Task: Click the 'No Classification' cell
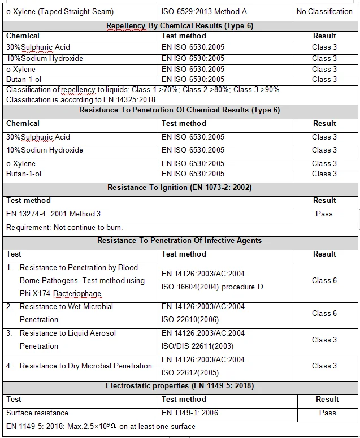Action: [324, 11]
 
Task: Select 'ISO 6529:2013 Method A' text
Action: [205, 11]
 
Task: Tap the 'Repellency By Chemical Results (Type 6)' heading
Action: [179, 25]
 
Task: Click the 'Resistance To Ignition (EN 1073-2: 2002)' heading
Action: [179, 187]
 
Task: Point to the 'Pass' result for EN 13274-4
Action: [324, 214]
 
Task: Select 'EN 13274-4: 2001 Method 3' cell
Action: [54, 214]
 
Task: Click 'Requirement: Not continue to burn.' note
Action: [64, 227]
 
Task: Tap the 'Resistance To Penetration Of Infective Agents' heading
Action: [179, 240]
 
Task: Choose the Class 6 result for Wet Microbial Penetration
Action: [324, 313]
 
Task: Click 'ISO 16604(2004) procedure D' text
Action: [212, 287]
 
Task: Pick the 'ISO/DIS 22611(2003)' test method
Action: [197, 346]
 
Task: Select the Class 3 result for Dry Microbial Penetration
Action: [324, 366]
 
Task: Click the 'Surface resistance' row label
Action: [37, 413]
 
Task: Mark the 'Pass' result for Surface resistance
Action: [327, 413]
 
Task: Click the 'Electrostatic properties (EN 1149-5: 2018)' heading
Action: [179, 386]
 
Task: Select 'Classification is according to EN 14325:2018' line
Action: [81, 99]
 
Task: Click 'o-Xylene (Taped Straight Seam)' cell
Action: [60, 11]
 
